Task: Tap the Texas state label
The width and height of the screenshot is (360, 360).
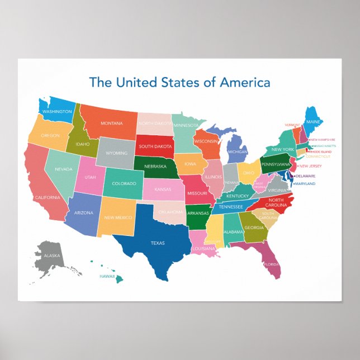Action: pyautogui.click(x=158, y=243)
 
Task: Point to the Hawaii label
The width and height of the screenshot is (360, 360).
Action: pyautogui.click(x=107, y=276)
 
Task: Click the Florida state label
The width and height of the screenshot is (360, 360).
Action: pyautogui.click(x=272, y=264)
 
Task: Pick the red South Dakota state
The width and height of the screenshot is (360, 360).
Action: pyautogui.click(x=154, y=146)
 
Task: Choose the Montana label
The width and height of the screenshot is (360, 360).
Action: pyautogui.click(x=112, y=123)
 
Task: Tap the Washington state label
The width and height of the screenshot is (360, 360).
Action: pyautogui.click(x=58, y=112)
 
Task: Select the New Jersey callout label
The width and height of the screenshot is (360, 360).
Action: pyautogui.click(x=310, y=165)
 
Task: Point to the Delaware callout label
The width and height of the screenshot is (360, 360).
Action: pyautogui.click(x=306, y=176)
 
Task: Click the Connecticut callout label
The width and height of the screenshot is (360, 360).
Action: pyautogui.click(x=318, y=157)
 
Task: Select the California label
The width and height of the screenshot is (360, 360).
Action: pyautogui.click(x=47, y=197)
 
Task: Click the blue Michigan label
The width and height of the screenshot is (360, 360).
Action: pyautogui.click(x=238, y=151)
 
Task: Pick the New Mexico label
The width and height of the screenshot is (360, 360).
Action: pyautogui.click(x=117, y=217)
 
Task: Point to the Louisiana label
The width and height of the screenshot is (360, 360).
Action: pyautogui.click(x=205, y=248)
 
